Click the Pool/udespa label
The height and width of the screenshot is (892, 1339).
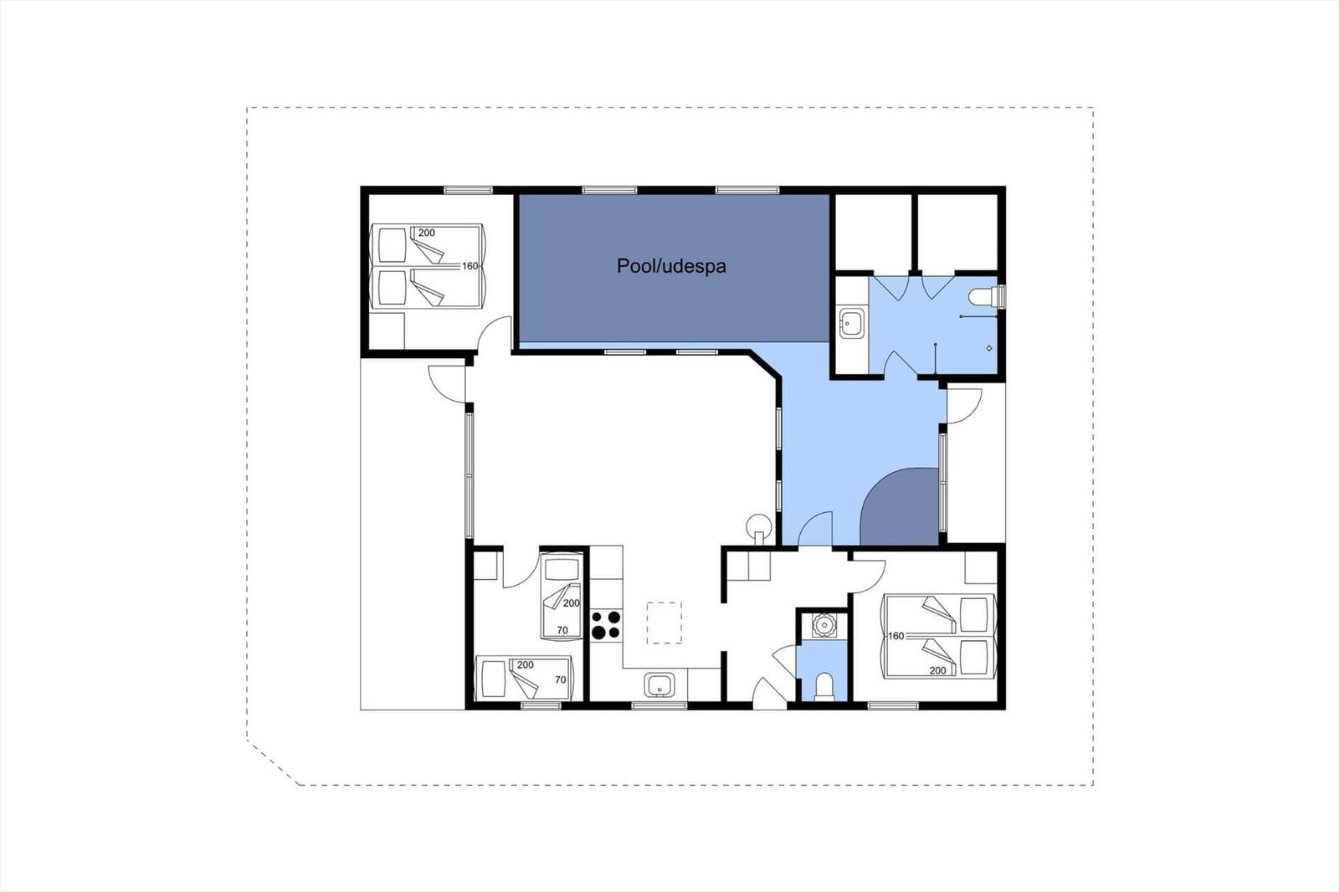671,266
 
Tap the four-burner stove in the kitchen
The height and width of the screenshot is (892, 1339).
606,625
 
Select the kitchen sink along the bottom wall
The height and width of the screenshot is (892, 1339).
659,685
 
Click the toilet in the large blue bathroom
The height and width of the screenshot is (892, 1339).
988,296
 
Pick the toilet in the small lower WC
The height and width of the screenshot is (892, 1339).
823,686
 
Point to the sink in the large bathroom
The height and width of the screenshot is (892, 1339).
852,324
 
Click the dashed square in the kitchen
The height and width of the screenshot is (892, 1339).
664,623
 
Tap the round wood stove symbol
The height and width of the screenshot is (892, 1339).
759,529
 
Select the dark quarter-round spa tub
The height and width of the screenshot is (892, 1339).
899,506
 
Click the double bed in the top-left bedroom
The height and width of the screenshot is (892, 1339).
427,266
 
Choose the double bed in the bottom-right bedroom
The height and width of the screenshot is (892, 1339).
938,635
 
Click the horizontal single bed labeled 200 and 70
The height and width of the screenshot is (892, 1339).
523,678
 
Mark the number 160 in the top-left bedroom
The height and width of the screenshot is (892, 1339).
470,266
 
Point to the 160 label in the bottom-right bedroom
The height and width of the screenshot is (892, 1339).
896,636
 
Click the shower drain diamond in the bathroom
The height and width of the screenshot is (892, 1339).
989,348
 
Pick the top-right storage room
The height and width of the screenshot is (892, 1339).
957,232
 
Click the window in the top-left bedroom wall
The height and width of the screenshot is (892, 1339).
468,190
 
